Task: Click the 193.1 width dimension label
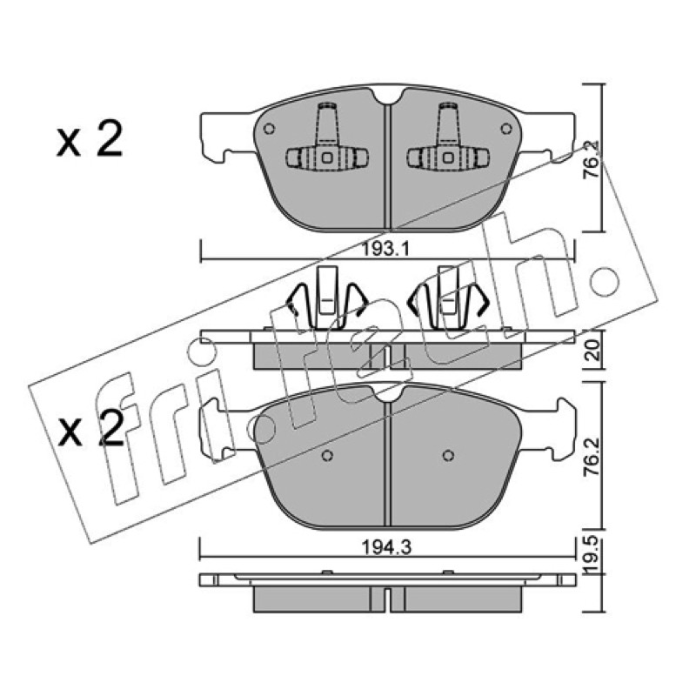tap(385, 250)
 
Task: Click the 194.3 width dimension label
tap(386, 547)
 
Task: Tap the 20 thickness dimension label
tap(593, 351)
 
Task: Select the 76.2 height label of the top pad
tap(592, 160)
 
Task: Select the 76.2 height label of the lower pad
tap(593, 458)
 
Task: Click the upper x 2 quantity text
tap(90, 140)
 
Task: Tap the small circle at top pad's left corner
tap(269, 129)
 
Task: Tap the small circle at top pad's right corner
tap(506, 129)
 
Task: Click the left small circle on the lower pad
tap(327, 455)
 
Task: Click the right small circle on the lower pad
tap(448, 455)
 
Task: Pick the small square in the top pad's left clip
tap(327, 157)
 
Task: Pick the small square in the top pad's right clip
tap(448, 157)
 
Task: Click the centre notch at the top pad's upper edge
tap(388, 96)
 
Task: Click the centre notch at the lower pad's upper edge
tap(388, 394)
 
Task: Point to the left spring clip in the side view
tap(327, 298)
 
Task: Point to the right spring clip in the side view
tap(448, 298)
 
